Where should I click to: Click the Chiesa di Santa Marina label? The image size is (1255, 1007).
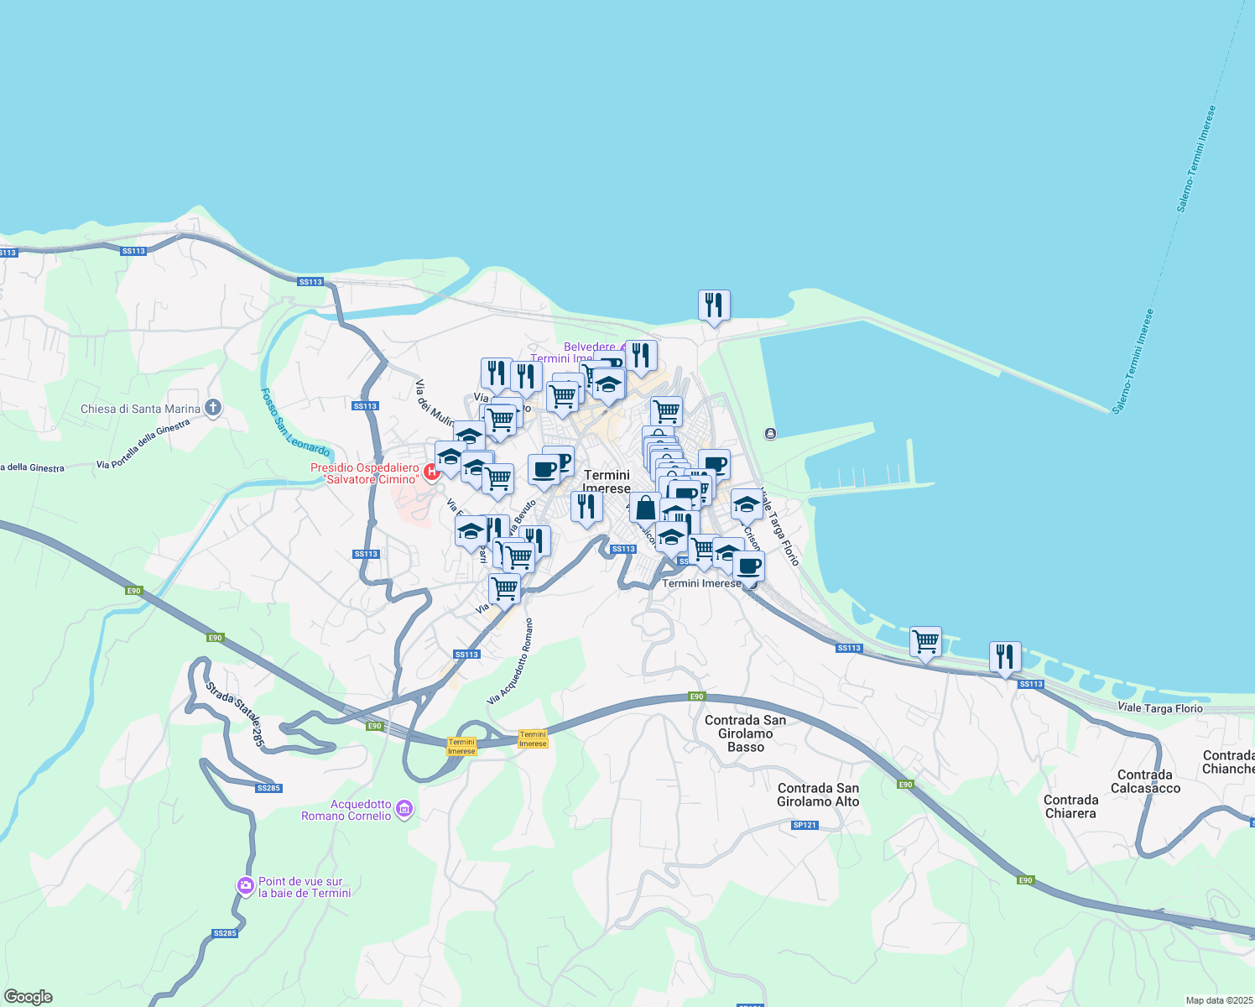140,410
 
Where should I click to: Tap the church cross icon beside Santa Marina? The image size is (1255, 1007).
213,409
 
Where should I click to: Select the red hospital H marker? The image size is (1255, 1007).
432,472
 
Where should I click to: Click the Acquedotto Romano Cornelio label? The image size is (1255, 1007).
346,810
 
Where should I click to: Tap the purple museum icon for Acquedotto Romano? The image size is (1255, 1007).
404,809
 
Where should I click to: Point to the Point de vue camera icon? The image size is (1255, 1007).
245,885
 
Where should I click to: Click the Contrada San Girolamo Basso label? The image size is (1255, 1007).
745,733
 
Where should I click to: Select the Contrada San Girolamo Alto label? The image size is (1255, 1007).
818,795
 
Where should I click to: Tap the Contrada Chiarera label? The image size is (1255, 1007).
1071,806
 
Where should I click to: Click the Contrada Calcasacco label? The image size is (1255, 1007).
1145,781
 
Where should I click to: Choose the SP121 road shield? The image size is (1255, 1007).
804,825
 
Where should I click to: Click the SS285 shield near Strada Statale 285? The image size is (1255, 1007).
268,788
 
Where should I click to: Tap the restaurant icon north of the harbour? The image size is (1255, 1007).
714,305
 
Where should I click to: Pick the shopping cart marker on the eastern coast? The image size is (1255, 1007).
925,642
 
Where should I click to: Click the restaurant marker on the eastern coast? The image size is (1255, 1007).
1005,656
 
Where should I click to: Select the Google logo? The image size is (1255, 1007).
28,997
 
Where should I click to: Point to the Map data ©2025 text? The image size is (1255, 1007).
1218,1000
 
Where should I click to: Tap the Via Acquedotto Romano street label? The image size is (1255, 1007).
510,662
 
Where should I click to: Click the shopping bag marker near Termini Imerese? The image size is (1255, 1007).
645,508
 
